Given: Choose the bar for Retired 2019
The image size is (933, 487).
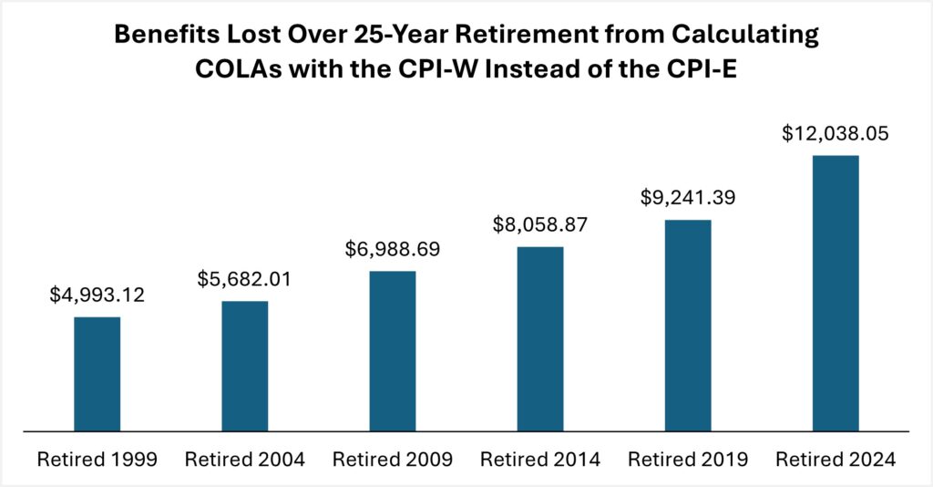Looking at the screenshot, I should [688, 325].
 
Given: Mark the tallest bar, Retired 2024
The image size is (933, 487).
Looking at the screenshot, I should [836, 293].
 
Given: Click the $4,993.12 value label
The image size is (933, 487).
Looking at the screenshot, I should [97, 295].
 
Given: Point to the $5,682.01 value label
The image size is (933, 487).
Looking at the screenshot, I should [244, 279].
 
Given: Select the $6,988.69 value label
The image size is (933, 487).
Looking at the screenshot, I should [393, 249].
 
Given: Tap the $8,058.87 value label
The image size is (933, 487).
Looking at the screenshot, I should [540, 224].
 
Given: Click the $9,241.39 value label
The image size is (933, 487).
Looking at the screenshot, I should [688, 197].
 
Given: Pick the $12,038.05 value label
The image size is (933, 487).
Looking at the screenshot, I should [836, 133].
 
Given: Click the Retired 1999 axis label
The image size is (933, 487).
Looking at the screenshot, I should [97, 459].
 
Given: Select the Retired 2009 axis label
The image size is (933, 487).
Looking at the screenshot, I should [393, 459].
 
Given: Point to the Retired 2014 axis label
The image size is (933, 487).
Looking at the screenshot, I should [540, 459].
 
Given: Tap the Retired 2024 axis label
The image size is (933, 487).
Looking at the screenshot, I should [836, 459].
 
